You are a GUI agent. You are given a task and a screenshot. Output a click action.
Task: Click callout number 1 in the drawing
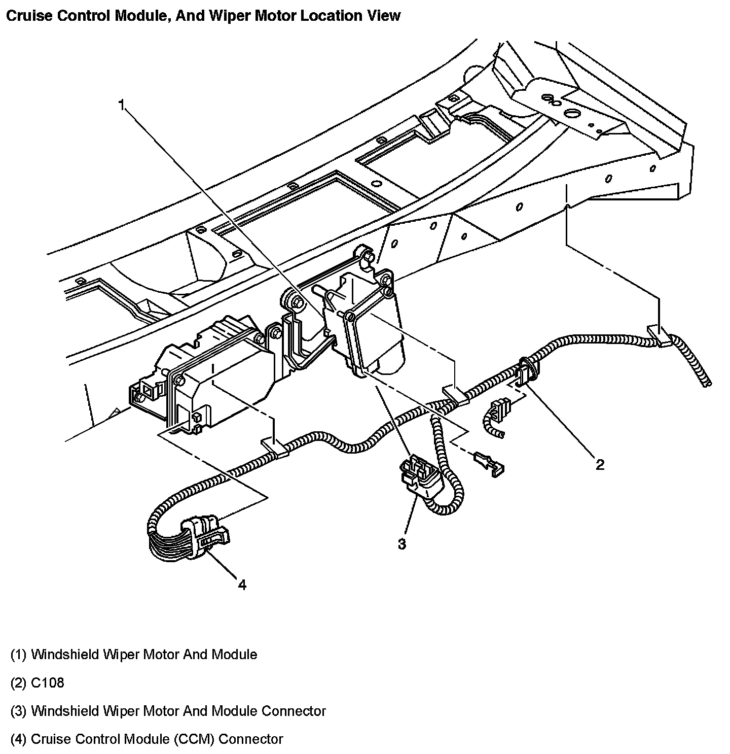pyautogui.click(x=121, y=105)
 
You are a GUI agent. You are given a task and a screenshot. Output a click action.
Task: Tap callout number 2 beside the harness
pyautogui.click(x=600, y=464)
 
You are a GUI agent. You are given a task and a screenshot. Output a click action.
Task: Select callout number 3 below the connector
pyautogui.click(x=401, y=544)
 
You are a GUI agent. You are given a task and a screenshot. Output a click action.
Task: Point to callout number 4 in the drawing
pyautogui.click(x=242, y=585)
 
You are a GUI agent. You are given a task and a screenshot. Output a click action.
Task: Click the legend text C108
pyautogui.click(x=48, y=682)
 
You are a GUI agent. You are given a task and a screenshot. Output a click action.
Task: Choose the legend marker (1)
pyautogui.click(x=18, y=655)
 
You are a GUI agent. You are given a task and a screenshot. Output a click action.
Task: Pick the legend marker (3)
pyautogui.click(x=18, y=711)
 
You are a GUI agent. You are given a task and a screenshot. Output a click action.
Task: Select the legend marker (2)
pyautogui.click(x=18, y=682)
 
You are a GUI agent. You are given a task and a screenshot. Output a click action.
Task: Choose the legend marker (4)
pyautogui.click(x=18, y=739)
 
